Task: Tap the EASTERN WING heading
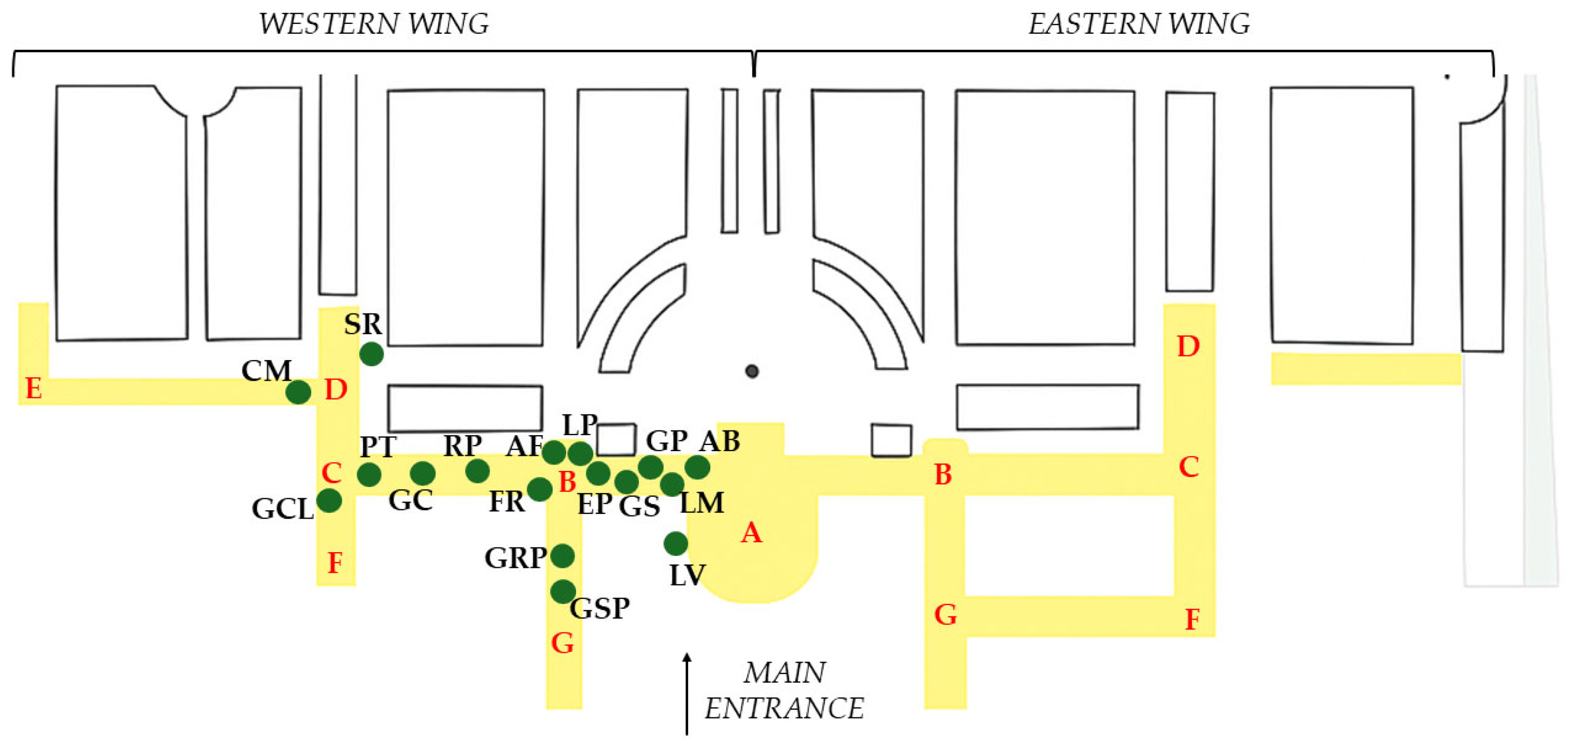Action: coord(1139,24)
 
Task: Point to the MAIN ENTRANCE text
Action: coord(784,691)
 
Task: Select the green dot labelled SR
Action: coord(371,354)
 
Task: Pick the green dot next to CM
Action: coord(298,392)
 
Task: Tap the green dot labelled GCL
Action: coord(329,501)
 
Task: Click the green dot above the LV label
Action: coord(675,543)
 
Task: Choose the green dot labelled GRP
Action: coord(562,555)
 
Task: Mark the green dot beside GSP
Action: coord(563,591)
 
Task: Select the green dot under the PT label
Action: coord(369,474)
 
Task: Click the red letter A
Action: coord(751,533)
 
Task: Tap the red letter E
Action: coord(34,389)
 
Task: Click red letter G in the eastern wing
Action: coord(945,614)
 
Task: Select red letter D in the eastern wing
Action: coord(1188,347)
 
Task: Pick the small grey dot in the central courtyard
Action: coord(752,371)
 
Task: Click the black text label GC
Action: coord(410,501)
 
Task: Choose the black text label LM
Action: coord(702,503)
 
